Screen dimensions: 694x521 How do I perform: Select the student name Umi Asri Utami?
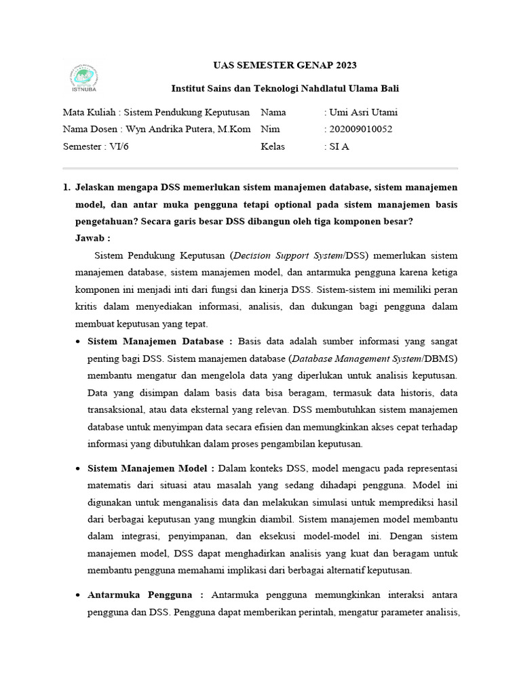(x=364, y=112)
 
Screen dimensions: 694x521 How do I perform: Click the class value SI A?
(x=339, y=146)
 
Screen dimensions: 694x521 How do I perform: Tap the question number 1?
(x=66, y=186)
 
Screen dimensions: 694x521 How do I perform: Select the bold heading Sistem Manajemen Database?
(x=160, y=341)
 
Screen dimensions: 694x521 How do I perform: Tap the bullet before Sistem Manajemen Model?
(x=79, y=468)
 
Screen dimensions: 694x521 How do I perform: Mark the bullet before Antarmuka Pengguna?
(x=79, y=595)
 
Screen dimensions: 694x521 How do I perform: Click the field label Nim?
(x=269, y=129)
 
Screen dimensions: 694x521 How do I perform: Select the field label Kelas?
(x=273, y=146)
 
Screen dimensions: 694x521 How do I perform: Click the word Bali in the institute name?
(x=389, y=88)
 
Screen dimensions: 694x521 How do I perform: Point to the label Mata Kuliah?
(x=89, y=112)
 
